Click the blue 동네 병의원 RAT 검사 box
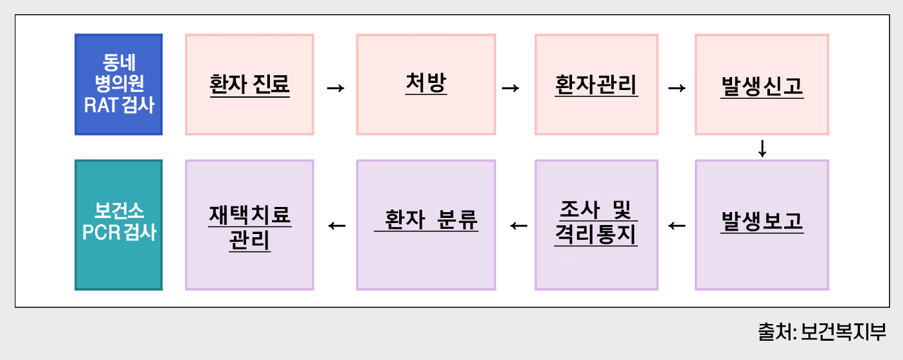[119, 84]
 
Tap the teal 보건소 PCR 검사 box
[119, 224]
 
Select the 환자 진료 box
[249, 84]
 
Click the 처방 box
[426, 84]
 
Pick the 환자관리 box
[596, 84]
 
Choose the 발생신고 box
[762, 84]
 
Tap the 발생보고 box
[762, 224]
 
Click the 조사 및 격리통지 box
[596, 224]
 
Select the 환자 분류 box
[426, 224]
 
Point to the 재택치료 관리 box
[249, 224]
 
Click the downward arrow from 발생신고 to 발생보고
[762, 148]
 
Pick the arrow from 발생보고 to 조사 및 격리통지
[677, 226]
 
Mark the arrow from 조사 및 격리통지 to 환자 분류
[518, 226]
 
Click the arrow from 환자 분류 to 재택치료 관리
[337, 226]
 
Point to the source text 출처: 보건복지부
[822, 332]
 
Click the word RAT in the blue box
[99, 105]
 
